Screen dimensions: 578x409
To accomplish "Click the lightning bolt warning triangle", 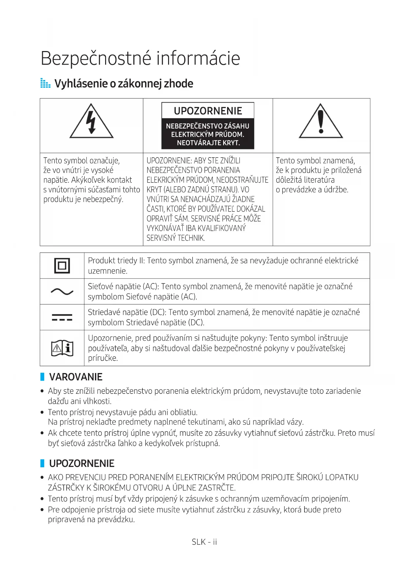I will pos(91,122).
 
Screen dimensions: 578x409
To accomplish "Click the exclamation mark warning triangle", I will pos(321,122).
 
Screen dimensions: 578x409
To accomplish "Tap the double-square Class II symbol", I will pos(62,266).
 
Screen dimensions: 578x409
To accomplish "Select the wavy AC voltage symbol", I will pos(62,291).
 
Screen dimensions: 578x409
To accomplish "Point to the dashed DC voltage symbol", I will pos(62,317).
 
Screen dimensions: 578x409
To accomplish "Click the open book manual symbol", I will pos(62,348).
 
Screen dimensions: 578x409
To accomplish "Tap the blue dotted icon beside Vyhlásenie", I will pos(45,83).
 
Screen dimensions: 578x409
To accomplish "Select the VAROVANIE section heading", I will pos(76,377).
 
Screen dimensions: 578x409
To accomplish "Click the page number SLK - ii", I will pos(204,542).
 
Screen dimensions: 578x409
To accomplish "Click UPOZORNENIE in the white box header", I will pos(208,111).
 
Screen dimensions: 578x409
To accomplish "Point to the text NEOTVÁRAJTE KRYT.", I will pos(208,143).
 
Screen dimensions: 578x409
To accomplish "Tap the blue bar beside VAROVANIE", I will pos(42,377).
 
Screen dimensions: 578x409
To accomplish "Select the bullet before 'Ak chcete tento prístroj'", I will pos(42,433).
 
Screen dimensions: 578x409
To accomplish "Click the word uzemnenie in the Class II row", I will pos(107,271).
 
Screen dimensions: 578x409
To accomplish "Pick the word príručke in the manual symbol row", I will pos(102,358).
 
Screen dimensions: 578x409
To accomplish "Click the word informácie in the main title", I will pos(198,59).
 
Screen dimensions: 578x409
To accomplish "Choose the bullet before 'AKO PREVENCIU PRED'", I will pos(42,477).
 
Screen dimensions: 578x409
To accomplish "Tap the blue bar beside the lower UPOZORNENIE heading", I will pos(42,463).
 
